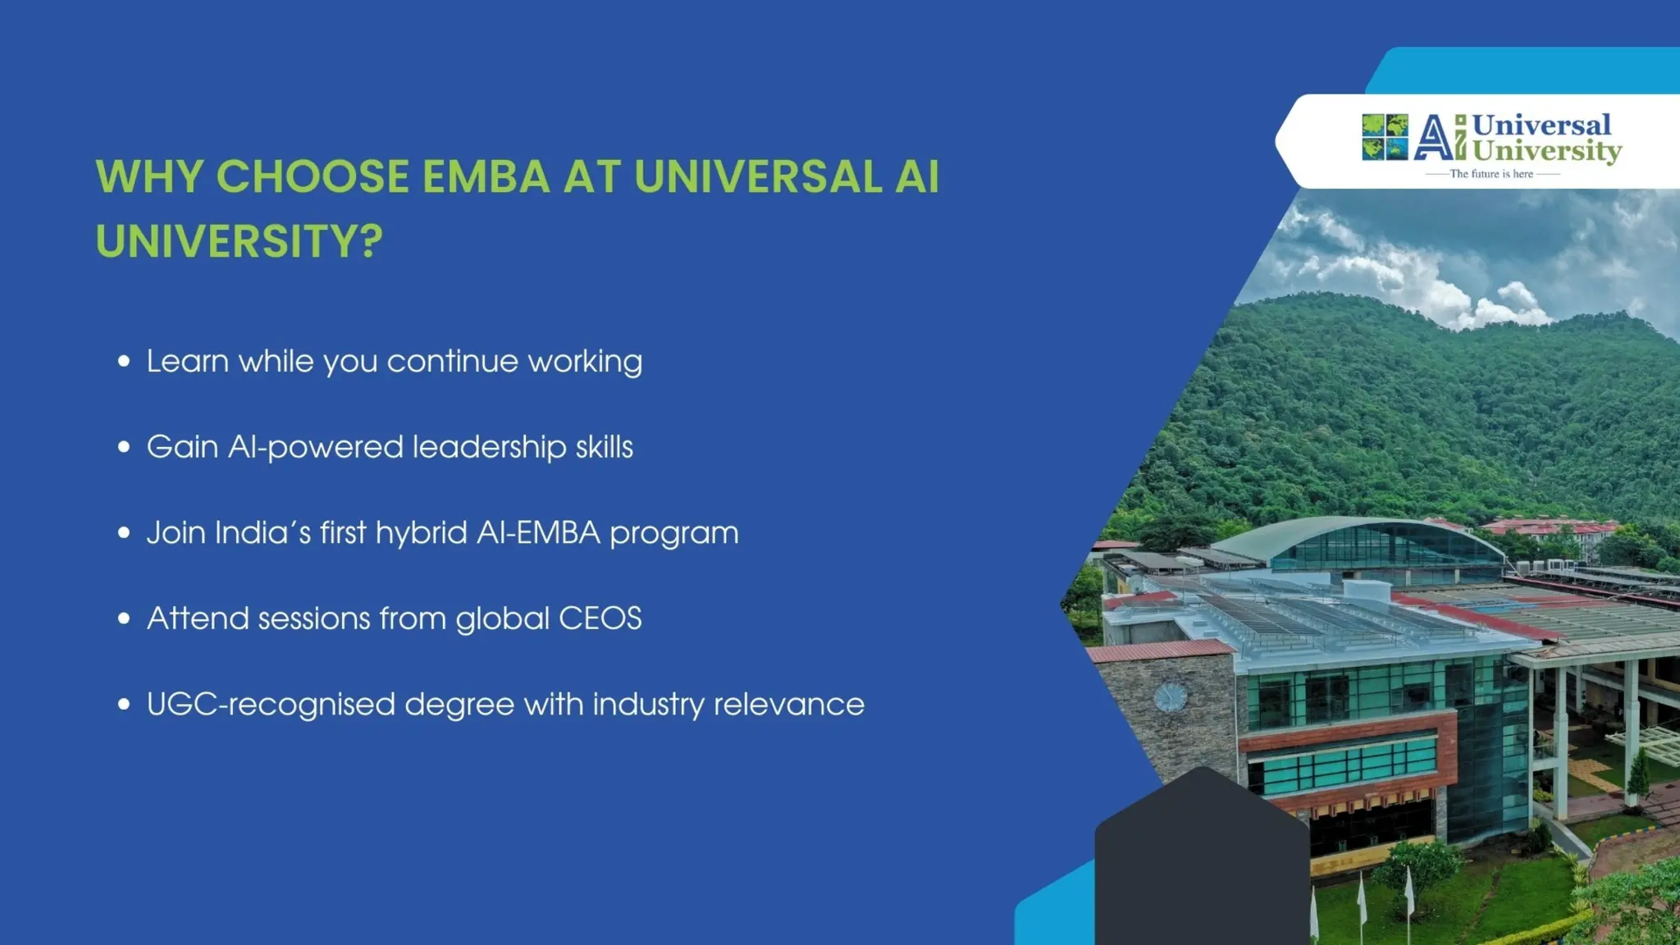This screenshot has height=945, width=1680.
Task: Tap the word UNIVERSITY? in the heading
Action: point(239,241)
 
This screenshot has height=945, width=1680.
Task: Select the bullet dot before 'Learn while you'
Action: point(124,361)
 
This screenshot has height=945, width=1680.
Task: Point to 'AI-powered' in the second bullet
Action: point(315,448)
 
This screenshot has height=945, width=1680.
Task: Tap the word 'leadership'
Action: point(489,448)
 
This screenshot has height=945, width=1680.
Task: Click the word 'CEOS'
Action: point(600,619)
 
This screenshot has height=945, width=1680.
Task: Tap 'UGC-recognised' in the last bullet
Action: point(271,705)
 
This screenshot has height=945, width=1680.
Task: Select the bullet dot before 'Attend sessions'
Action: point(124,619)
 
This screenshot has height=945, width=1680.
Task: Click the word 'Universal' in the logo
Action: point(1541,125)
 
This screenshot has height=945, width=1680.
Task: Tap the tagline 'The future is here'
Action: point(1491,174)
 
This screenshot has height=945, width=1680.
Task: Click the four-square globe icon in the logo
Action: point(1385,137)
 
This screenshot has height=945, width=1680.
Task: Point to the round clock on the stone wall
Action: point(1170,697)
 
